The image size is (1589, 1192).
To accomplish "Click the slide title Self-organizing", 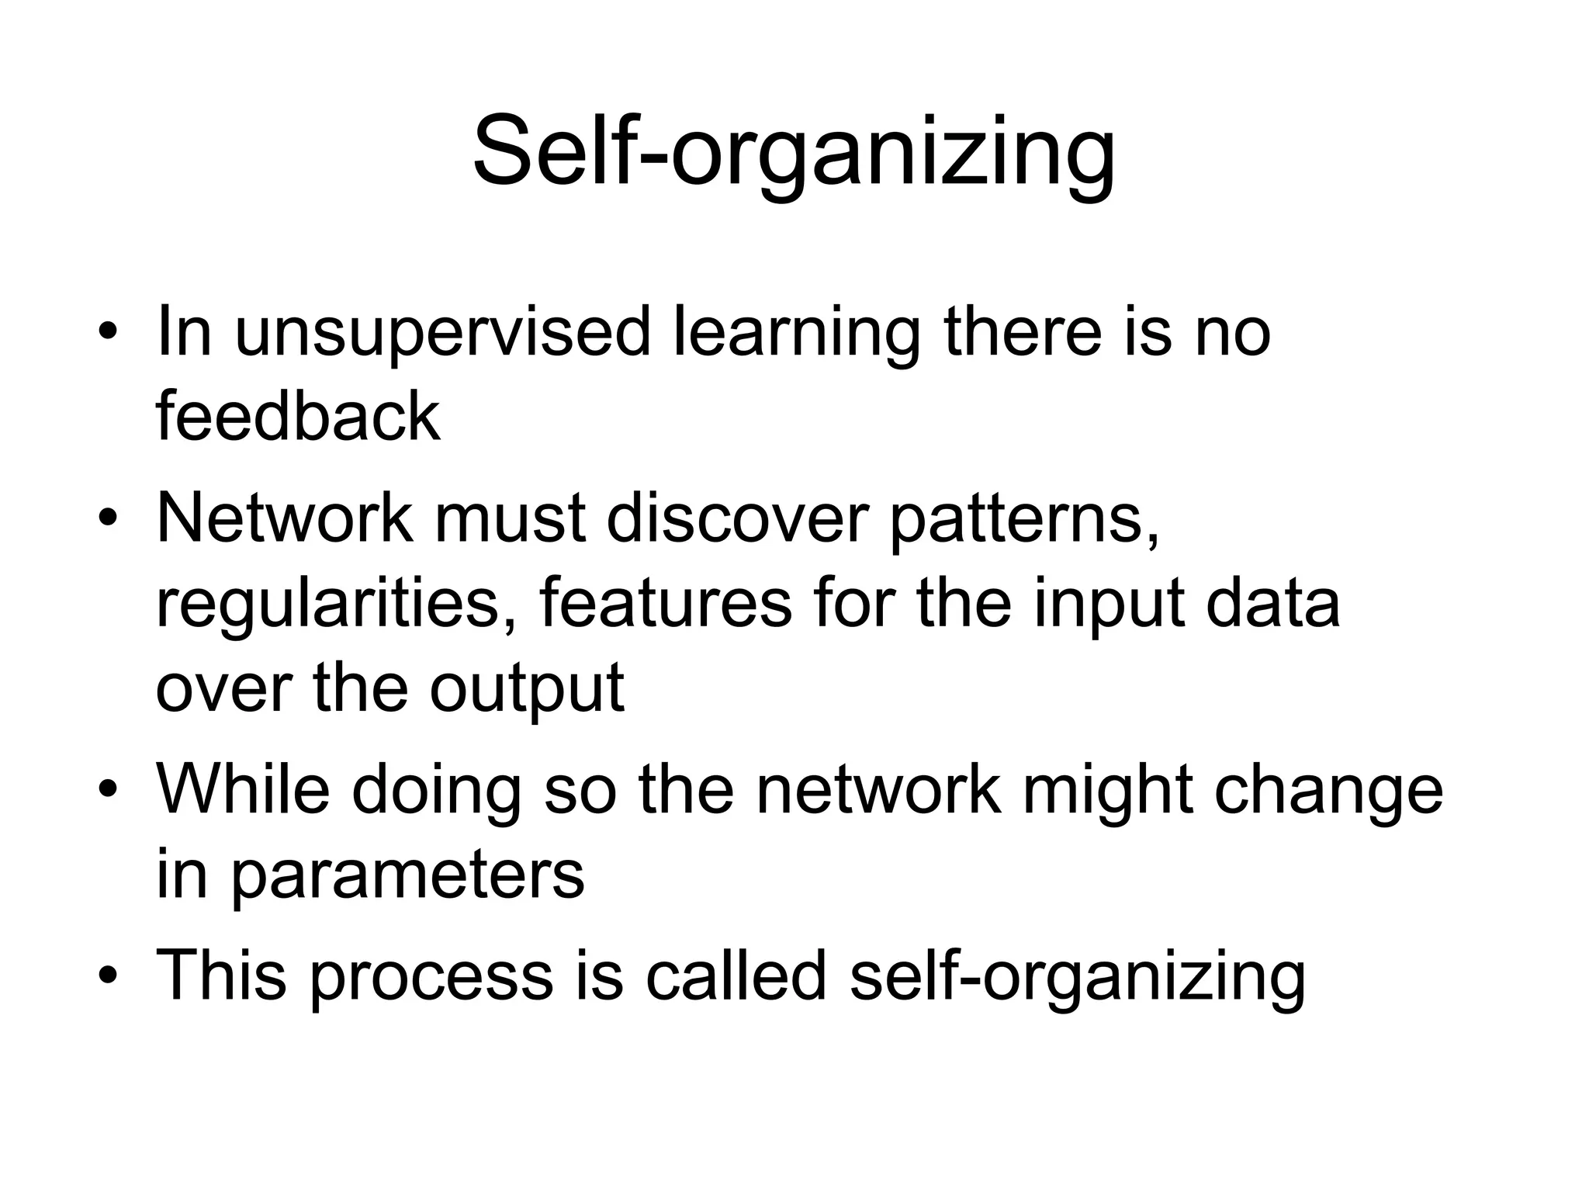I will (794, 151).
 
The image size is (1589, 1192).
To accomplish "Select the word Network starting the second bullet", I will (284, 518).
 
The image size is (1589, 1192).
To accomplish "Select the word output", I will (527, 689).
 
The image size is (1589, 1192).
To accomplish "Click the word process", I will (431, 976).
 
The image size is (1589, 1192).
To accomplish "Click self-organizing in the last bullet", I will (1078, 976).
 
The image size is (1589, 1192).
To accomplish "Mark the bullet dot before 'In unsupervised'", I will (108, 334).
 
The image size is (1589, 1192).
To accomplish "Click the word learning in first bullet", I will (795, 334).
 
